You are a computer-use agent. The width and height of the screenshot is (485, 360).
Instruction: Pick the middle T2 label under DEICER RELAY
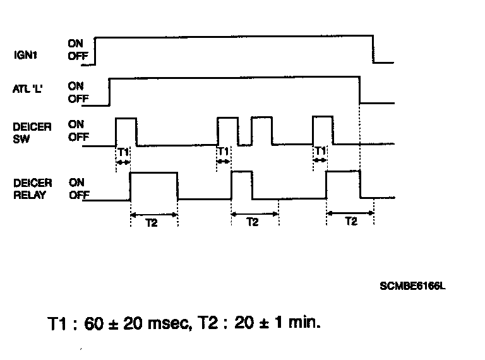tap(253, 222)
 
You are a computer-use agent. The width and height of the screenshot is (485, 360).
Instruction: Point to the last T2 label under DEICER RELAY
tap(350, 222)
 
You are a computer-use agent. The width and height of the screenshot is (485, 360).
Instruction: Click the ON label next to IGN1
tap(76, 44)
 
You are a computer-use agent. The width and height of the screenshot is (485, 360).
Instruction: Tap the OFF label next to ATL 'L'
tap(78, 99)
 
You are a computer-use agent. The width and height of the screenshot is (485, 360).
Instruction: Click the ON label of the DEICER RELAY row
tap(76, 183)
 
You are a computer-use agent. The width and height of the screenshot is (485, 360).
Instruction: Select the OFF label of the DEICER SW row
tap(78, 137)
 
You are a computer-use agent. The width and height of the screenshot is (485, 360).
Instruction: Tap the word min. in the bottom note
tap(302, 323)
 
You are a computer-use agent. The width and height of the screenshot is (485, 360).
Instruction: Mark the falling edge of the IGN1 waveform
tap(373, 49)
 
